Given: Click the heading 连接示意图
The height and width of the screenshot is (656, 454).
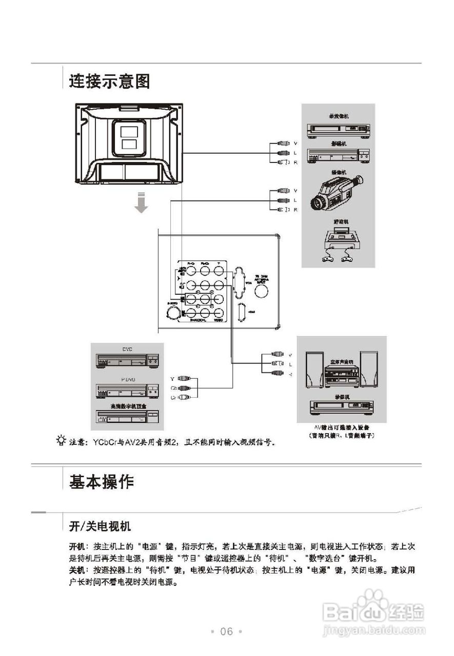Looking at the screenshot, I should pos(109,81).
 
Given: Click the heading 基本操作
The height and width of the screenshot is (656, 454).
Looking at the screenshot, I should pos(102,482).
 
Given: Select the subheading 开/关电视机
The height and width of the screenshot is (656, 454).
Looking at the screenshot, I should pos(100,526).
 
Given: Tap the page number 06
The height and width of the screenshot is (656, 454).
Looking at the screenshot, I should pos(226,631).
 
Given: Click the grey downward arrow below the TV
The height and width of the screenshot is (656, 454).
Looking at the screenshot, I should pos(142,203).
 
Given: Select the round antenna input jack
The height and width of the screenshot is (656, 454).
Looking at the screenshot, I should pos(262,291).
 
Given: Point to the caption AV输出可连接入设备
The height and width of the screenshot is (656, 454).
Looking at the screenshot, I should pos(342,427).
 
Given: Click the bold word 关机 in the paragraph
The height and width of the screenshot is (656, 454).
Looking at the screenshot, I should pos(76,570).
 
